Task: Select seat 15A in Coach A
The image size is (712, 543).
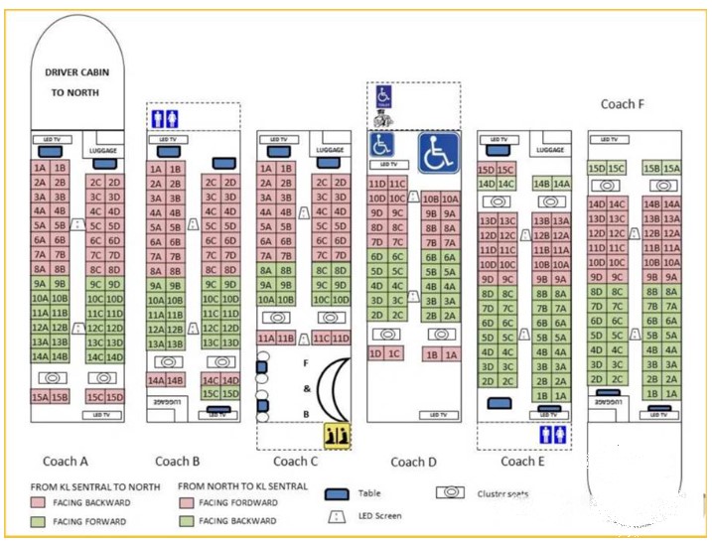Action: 40,397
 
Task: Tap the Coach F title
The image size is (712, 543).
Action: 623,103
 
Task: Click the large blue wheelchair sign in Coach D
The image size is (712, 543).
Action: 438,153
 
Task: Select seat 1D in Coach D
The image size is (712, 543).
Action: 375,353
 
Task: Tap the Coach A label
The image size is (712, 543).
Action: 66,461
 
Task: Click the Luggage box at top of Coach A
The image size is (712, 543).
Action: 101,150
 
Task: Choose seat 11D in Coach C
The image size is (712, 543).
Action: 340,339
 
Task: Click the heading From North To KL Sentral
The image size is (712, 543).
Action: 242,486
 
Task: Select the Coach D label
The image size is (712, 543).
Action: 414,461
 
